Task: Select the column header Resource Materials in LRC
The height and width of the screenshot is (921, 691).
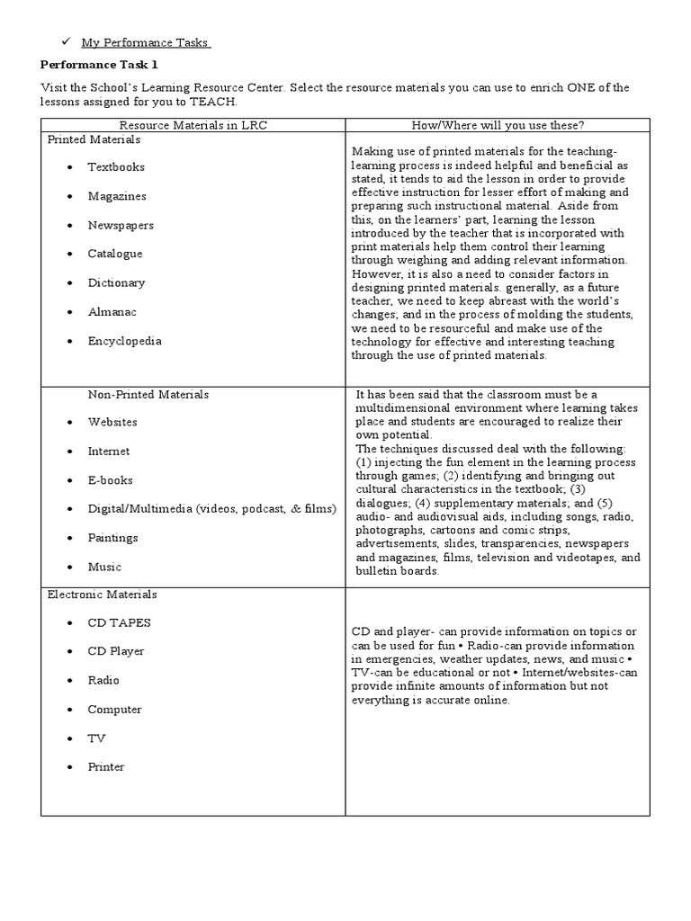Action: tap(193, 125)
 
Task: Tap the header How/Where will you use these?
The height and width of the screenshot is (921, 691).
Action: tap(497, 125)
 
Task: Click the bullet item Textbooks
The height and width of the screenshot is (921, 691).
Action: tap(115, 167)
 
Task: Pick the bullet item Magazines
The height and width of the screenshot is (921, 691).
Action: tap(116, 196)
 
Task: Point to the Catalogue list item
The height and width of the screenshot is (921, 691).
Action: tap(114, 254)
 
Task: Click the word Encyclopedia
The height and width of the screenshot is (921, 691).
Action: tap(124, 341)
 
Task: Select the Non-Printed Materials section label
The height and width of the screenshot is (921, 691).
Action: tap(148, 394)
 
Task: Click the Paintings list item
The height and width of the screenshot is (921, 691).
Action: tap(112, 538)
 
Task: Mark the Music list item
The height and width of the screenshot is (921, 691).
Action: tap(103, 567)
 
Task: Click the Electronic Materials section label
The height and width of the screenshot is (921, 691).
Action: tap(102, 595)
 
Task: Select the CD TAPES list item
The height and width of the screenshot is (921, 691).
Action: tap(119, 622)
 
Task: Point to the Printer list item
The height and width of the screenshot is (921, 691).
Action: tap(105, 767)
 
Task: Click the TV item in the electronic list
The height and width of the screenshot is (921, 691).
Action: tap(96, 738)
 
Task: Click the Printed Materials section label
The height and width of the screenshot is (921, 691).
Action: tap(94, 139)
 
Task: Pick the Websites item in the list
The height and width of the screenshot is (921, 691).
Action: tap(112, 422)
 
